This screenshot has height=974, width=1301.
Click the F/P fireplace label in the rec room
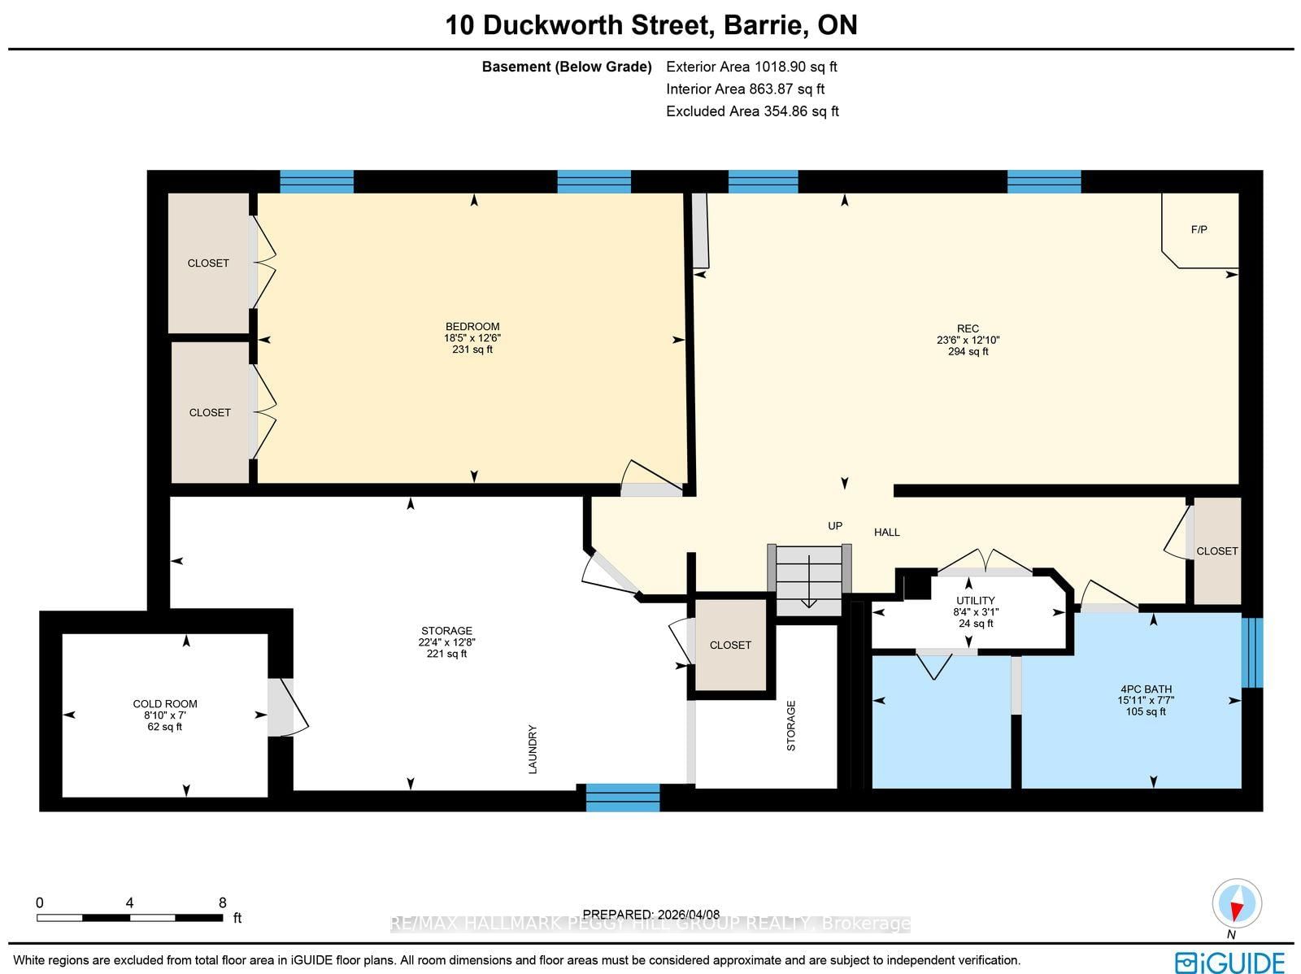[x=1199, y=230]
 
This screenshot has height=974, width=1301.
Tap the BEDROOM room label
[x=472, y=327]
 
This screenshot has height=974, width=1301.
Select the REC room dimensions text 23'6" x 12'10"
[x=968, y=341]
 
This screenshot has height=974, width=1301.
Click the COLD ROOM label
[x=165, y=704]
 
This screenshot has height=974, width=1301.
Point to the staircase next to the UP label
[x=809, y=579]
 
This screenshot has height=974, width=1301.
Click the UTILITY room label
[x=975, y=601]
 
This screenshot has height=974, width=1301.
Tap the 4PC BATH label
[x=1145, y=689]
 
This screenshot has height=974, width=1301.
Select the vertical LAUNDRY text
[x=533, y=749]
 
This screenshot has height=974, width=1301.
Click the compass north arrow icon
[x=1236, y=904]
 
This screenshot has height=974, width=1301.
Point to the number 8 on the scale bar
[x=222, y=902]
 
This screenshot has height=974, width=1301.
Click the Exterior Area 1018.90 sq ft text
[x=751, y=67]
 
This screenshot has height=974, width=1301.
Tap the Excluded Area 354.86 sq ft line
[x=752, y=111]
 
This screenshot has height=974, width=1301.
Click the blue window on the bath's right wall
[x=1252, y=652]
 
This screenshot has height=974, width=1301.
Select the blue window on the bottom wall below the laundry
[x=623, y=798]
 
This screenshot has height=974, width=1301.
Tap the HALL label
[x=886, y=533]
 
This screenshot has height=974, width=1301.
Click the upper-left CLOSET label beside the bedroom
[x=208, y=263]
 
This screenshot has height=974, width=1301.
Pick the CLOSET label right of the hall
[x=1216, y=551]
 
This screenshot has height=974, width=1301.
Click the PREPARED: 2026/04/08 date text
[x=652, y=914]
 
